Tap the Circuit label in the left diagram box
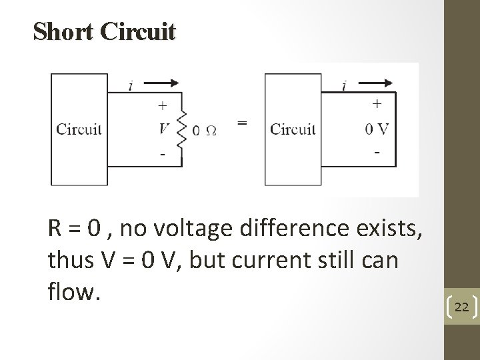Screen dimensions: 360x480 (79, 129)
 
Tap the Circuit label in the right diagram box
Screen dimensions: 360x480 (293, 129)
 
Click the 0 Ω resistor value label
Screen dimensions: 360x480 (204, 131)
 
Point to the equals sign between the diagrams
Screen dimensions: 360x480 (242, 123)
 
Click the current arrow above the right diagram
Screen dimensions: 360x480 (378, 84)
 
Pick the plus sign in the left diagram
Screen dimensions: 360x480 (162, 105)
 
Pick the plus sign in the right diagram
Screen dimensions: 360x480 (377, 103)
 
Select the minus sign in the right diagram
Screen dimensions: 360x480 (377, 153)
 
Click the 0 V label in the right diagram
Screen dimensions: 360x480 (377, 129)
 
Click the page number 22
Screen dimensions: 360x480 (461, 307)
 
